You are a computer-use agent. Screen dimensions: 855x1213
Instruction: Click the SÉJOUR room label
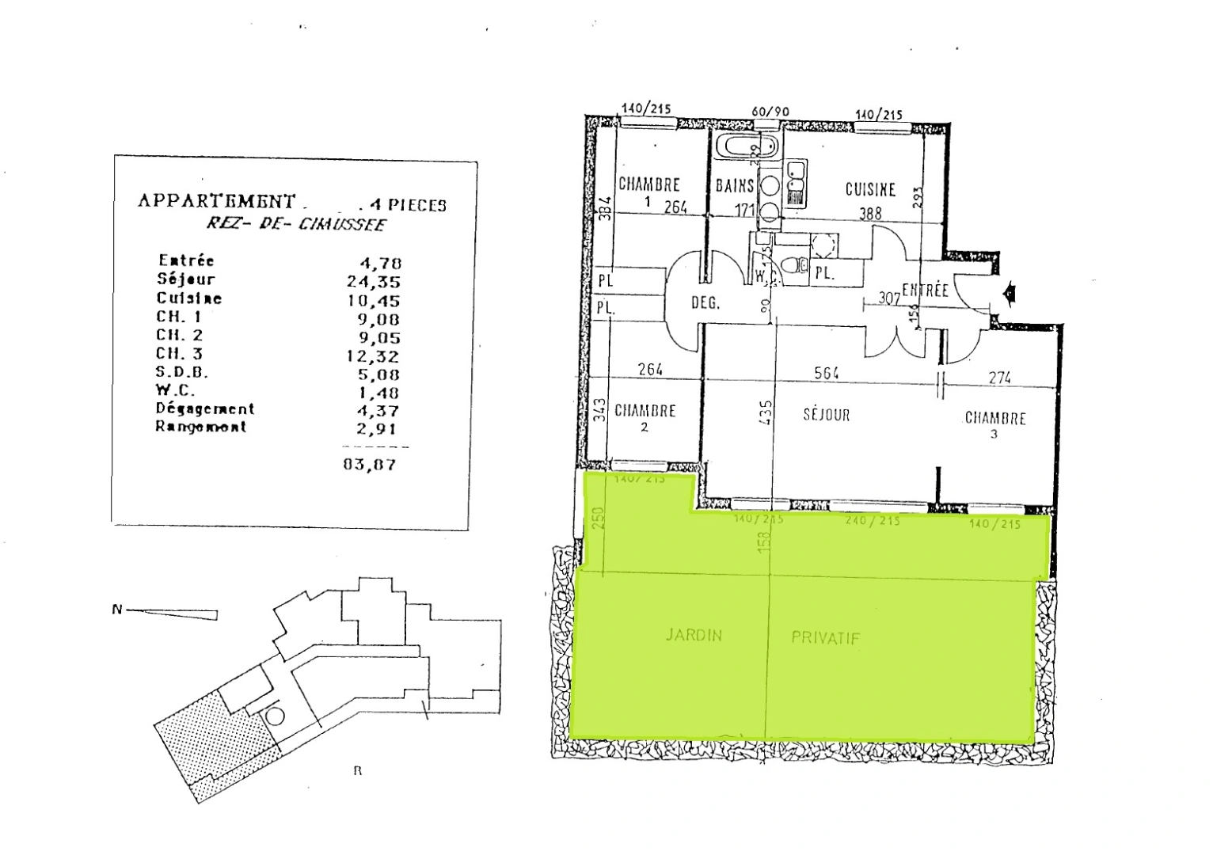pos(826,414)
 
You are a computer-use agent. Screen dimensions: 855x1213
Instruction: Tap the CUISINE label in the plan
pos(870,189)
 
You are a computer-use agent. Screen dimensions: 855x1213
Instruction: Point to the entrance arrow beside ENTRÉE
pos(1009,294)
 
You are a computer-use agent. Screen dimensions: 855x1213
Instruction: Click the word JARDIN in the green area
pos(694,635)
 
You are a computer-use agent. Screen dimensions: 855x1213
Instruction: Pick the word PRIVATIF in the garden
pos(825,638)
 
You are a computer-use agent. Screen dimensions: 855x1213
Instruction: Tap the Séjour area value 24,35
pos(373,281)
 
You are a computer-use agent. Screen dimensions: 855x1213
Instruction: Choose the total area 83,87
pos(369,464)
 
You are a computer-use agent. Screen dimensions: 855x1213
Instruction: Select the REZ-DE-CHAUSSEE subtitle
pos(295,224)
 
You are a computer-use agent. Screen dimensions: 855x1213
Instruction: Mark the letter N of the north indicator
pos(117,610)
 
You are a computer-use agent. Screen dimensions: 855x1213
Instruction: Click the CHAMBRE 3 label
pos(994,420)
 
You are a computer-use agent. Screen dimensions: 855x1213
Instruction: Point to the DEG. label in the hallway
pos(705,303)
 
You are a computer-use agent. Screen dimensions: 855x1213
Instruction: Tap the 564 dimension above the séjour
pos(826,374)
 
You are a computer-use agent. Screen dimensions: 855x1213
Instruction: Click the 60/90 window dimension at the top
pos(770,112)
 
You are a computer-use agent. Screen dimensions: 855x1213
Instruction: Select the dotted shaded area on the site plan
pos(210,736)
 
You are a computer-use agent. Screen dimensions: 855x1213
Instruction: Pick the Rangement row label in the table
pos(200,427)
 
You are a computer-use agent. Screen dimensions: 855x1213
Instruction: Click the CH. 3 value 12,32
pos(372,356)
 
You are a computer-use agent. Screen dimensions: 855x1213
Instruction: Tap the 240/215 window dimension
pos(872,522)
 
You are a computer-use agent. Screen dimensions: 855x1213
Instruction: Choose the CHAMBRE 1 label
pos(648,186)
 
